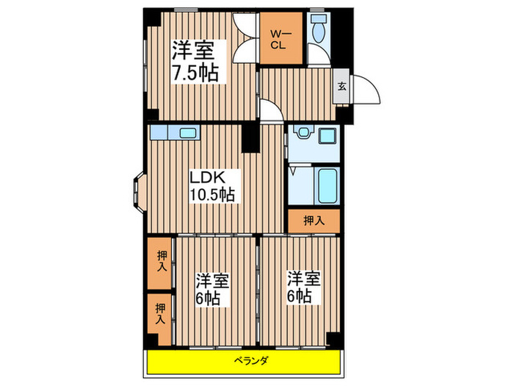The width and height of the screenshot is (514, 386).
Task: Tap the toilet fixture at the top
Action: [x=319, y=29]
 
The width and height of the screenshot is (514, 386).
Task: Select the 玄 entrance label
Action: [x=342, y=86]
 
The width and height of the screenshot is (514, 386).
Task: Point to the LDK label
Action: [x=206, y=177]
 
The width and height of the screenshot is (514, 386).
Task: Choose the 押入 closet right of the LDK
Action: [x=312, y=219]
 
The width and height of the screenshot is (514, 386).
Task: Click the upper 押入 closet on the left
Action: [x=160, y=262]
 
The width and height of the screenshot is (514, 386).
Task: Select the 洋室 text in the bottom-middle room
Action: [x=213, y=281]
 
